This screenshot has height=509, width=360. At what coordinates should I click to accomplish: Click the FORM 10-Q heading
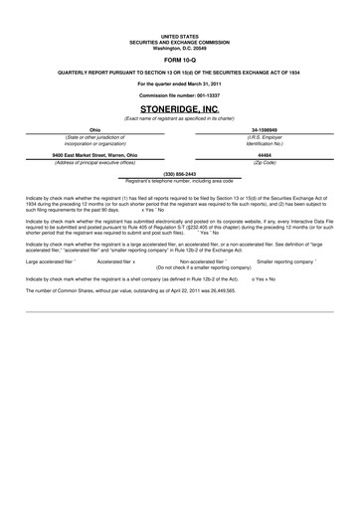[179, 60]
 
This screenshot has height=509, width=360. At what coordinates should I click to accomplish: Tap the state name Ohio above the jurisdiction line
[94, 130]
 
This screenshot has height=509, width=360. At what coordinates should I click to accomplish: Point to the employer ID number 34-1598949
[264, 130]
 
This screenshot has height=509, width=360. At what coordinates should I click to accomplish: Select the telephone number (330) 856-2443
[179, 174]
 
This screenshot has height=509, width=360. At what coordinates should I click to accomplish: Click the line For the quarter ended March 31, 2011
[179, 83]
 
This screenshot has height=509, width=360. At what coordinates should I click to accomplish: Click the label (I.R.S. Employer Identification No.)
[264, 140]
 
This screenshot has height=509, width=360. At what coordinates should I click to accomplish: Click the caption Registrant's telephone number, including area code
[180, 181]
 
